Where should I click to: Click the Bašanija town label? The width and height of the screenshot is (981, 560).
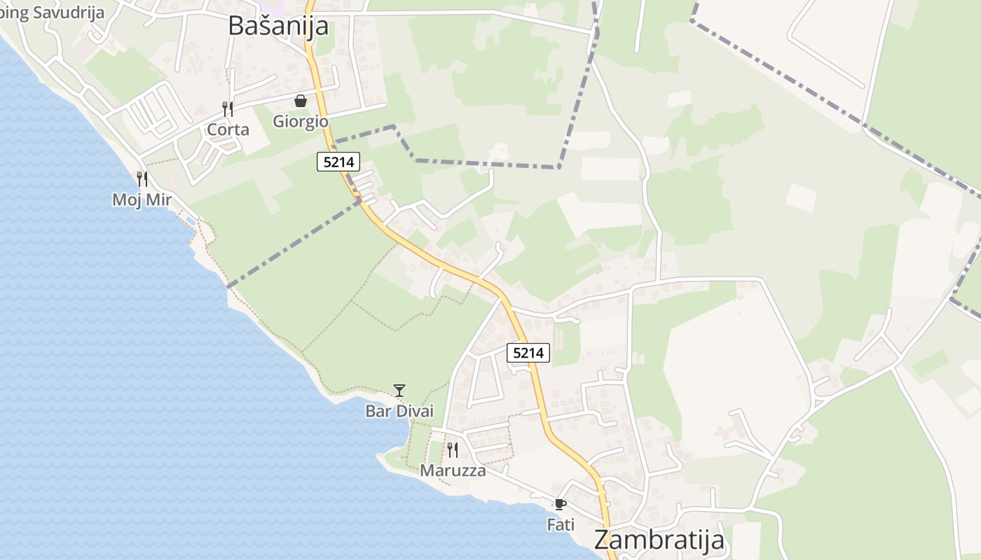[x=278, y=25]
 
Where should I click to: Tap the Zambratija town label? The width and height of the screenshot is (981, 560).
[x=659, y=540]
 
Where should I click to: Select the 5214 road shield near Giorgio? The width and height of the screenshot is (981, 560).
[x=338, y=162]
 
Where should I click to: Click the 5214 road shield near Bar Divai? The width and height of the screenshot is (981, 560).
[x=528, y=353]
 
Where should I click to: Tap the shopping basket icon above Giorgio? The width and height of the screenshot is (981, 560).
[x=301, y=101]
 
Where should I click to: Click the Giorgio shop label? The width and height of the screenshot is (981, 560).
[x=301, y=121]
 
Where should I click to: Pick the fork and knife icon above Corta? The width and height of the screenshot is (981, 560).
[x=228, y=108]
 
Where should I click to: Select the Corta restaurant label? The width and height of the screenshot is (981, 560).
[x=228, y=129]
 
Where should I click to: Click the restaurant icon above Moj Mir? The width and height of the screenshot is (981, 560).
[x=142, y=178]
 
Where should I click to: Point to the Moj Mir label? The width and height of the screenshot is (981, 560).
[x=142, y=199]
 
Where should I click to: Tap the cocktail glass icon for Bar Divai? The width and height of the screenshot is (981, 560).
[x=399, y=390]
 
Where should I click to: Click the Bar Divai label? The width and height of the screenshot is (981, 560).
[x=399, y=411]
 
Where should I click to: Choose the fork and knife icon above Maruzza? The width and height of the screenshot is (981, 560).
[x=453, y=449]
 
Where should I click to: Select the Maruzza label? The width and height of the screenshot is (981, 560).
[x=453, y=470]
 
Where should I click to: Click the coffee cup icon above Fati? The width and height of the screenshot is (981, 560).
[x=560, y=504]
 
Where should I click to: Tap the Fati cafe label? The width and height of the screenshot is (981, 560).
[x=560, y=524]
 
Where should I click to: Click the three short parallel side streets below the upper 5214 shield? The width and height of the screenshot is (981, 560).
[x=364, y=186]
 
